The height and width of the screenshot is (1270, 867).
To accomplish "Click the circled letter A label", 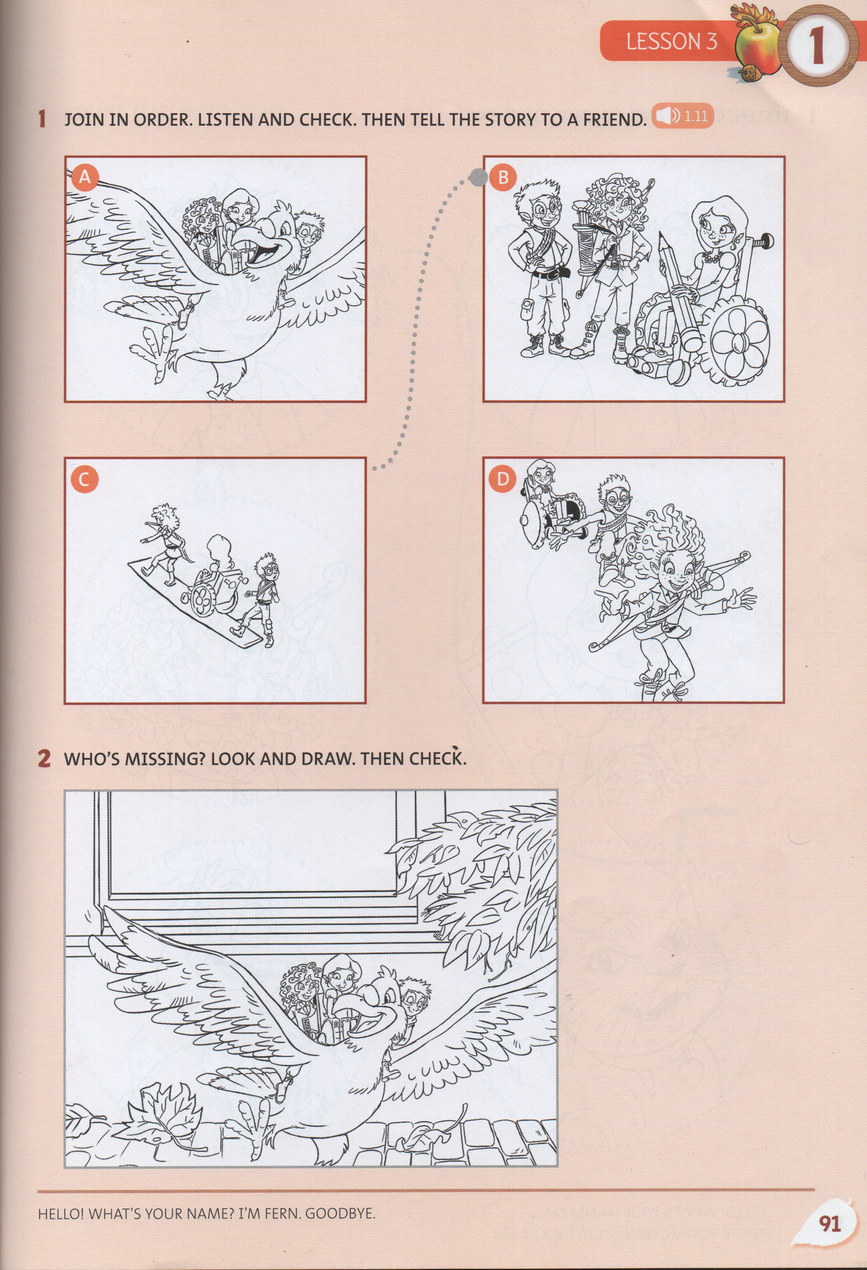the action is click(84, 177).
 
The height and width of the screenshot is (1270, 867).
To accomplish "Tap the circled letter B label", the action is click(503, 177).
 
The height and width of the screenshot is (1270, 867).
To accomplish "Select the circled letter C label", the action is click(84, 479).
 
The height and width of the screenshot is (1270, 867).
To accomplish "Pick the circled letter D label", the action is click(503, 479).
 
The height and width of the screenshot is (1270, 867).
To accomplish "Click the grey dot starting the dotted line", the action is click(478, 176).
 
